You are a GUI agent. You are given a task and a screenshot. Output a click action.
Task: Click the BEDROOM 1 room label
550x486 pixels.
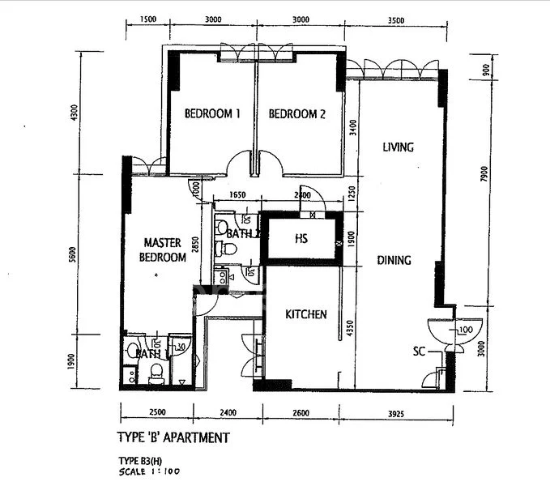[x=212, y=114]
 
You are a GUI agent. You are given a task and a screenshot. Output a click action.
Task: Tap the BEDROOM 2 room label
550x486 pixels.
[x=296, y=114]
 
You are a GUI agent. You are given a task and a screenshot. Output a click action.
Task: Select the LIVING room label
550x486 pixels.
[x=398, y=147]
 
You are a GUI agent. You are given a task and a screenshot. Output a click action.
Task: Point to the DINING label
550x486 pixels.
[x=394, y=261]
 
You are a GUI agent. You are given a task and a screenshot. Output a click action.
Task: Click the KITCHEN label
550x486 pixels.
[x=305, y=314]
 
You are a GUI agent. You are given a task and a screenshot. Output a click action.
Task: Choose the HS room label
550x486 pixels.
[x=301, y=239]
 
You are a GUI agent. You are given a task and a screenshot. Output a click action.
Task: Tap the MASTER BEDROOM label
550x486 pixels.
[x=165, y=249]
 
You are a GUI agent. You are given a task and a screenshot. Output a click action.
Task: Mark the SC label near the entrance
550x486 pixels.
[x=419, y=352]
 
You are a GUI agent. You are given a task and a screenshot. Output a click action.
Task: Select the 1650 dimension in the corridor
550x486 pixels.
[x=237, y=195]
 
